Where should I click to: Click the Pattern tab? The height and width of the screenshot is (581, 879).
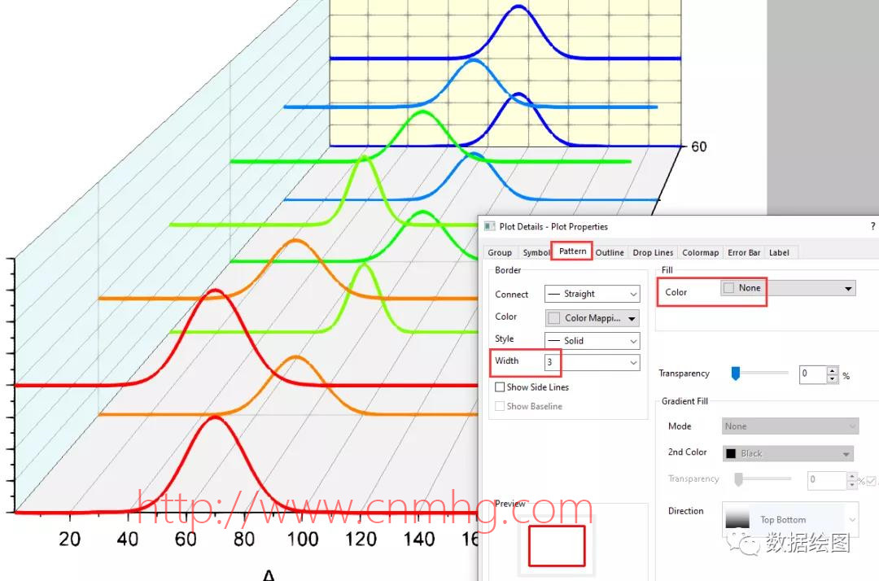click(x=572, y=251)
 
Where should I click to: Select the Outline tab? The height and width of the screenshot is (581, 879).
click(x=610, y=253)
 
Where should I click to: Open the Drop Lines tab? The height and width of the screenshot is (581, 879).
click(x=653, y=253)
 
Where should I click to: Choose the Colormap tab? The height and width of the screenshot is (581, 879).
click(x=700, y=253)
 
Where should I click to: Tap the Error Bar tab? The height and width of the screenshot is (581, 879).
click(x=744, y=253)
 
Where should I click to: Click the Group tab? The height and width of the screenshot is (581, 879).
click(x=500, y=253)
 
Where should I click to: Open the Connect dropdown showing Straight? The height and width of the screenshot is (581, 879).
click(x=591, y=294)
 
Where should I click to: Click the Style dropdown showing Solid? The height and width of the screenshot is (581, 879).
click(x=591, y=340)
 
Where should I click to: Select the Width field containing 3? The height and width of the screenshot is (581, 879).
click(x=591, y=362)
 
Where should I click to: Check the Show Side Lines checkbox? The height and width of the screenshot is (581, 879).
click(x=500, y=387)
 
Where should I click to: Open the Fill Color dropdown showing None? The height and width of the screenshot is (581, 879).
click(x=787, y=288)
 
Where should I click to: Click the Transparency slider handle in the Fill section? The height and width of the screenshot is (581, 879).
click(x=736, y=373)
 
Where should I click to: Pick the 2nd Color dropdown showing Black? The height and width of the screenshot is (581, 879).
click(x=788, y=453)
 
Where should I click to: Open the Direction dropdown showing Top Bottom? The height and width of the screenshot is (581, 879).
click(x=789, y=519)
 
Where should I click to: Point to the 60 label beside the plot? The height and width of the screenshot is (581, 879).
click(x=699, y=147)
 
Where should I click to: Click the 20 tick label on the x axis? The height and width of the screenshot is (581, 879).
click(x=70, y=539)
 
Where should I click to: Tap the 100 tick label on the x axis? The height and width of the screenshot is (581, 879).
click(x=303, y=539)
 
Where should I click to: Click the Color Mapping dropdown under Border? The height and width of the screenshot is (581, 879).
click(x=591, y=317)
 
